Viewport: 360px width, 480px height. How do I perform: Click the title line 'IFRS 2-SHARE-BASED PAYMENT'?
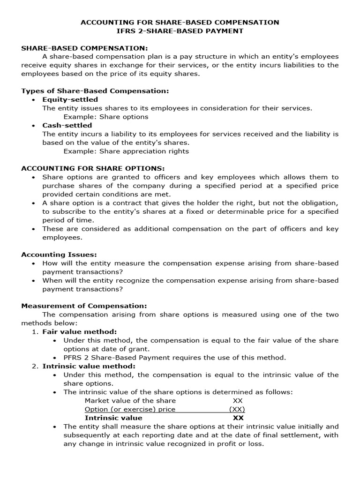[180, 31]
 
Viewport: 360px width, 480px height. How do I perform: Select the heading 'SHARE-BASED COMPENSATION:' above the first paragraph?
[84, 48]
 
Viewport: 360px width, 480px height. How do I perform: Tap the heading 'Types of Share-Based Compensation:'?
[95, 90]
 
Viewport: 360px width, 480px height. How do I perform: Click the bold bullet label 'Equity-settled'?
[70, 99]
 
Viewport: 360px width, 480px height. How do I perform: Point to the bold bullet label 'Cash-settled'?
[67, 125]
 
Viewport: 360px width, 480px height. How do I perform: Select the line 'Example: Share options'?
[106, 117]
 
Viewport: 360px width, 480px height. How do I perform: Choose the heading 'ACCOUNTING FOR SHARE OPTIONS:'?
[93, 168]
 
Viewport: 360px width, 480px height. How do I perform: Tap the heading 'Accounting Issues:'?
[59, 254]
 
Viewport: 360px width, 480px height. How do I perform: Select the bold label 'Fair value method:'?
[80, 331]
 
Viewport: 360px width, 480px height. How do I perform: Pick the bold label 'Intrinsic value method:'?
[89, 366]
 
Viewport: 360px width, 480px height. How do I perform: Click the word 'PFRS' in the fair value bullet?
[73, 357]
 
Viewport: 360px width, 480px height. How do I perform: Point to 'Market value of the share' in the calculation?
[130, 400]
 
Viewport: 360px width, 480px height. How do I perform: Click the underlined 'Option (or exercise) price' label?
[130, 409]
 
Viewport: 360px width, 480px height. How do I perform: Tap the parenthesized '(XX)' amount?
[237, 409]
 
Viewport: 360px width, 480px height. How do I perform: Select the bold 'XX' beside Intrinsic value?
[238, 418]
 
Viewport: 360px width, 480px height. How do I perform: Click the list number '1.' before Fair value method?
[35, 331]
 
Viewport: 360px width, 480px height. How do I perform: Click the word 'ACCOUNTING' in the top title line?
[103, 22]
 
